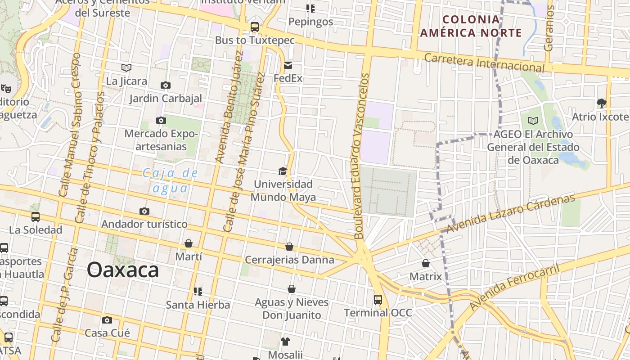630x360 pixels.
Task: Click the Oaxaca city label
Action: tap(122, 270)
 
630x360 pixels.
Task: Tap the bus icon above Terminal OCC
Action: tap(378, 299)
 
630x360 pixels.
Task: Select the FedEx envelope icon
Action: tap(288, 66)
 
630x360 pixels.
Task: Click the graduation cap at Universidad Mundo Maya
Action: tap(283, 171)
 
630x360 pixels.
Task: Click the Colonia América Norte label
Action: tap(471, 26)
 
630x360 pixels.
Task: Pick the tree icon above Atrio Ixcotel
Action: tap(601, 103)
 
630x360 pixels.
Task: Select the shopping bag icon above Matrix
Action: tap(425, 263)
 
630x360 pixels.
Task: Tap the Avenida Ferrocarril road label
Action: tap(514, 287)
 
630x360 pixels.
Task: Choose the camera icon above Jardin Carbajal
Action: tap(166, 85)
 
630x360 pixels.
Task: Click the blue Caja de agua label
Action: tap(171, 180)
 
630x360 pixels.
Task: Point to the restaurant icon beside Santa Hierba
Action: tap(198, 292)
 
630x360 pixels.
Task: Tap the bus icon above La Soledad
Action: tap(36, 217)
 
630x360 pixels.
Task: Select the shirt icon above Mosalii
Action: tap(285, 342)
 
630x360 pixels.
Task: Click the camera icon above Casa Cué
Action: tap(107, 320)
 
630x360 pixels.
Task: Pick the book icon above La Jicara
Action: tap(126, 68)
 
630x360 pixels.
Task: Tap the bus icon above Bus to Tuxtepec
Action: tap(255, 27)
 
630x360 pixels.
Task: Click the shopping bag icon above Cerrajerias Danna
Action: tap(289, 247)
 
